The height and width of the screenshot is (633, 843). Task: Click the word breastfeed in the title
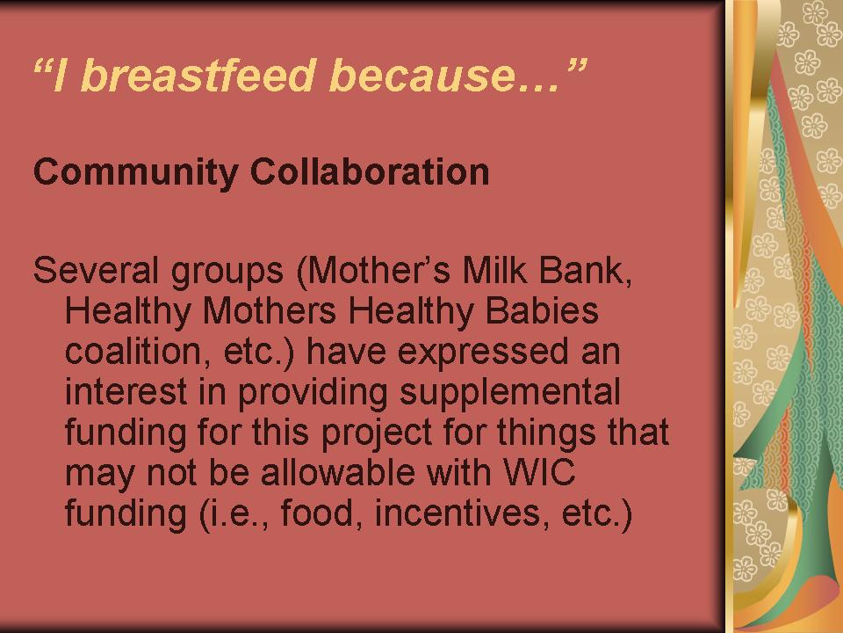[x=198, y=75]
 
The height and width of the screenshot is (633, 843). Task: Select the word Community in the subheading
[x=135, y=173]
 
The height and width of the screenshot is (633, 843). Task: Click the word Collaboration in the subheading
[x=370, y=171]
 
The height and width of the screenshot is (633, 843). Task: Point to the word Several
[x=95, y=270]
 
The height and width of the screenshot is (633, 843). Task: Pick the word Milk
[x=494, y=270]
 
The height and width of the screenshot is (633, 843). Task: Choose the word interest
[x=126, y=391]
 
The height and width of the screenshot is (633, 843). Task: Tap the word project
[x=377, y=433]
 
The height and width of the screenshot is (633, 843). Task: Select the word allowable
[x=337, y=472]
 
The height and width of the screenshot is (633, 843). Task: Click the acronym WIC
[x=539, y=472]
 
